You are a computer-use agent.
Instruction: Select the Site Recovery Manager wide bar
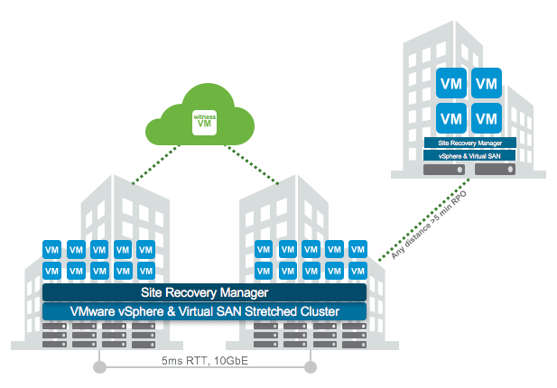[x=205, y=292]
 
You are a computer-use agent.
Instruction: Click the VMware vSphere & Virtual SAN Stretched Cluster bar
[x=205, y=311]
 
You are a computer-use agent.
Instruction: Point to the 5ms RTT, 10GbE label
[x=205, y=358]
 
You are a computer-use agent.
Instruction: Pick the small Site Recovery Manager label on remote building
[x=469, y=143]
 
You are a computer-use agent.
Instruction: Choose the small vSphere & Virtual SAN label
[x=469, y=155]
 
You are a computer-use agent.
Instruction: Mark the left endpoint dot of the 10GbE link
[x=98, y=367]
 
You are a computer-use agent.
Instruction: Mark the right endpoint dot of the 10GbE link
[x=312, y=367]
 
